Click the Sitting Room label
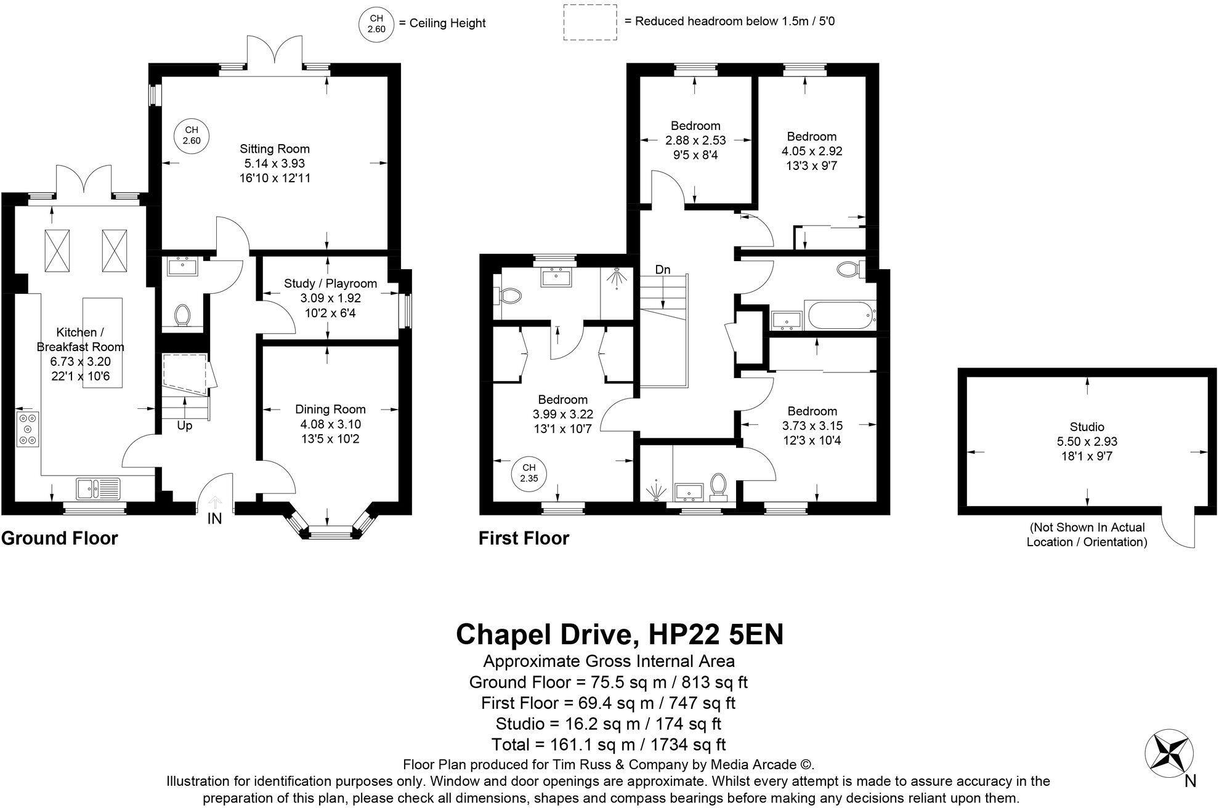(274, 149)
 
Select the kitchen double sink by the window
(99, 488)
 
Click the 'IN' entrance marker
(214, 519)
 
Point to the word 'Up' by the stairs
(184, 426)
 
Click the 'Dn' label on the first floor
(662, 270)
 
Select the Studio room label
(1087, 427)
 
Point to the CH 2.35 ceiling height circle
(529, 473)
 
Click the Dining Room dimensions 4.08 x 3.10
(330, 424)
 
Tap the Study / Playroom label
(330, 283)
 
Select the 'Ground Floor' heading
(59, 538)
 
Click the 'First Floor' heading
(524, 538)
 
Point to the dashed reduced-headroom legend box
(590, 22)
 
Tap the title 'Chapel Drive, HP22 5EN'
(619, 634)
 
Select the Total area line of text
(609, 745)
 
